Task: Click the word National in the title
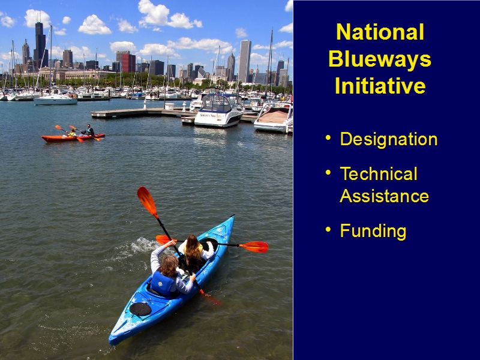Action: click(x=380, y=32)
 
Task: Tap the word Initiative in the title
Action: click(x=380, y=85)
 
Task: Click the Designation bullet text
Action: click(x=389, y=140)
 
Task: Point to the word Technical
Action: click(x=379, y=173)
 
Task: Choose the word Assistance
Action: click(x=384, y=196)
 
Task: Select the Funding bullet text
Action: click(x=373, y=231)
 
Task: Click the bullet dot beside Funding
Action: click(x=328, y=229)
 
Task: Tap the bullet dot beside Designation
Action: click(x=328, y=137)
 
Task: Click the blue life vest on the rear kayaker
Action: click(x=162, y=283)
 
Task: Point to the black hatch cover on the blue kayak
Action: click(x=140, y=309)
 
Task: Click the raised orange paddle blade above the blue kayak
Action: click(x=146, y=200)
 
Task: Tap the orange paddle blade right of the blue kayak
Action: click(x=254, y=247)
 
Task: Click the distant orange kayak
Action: click(x=73, y=137)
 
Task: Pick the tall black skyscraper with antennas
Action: click(x=40, y=43)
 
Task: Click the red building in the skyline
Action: click(x=128, y=63)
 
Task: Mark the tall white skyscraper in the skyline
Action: click(x=245, y=61)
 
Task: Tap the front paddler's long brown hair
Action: click(x=193, y=248)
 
